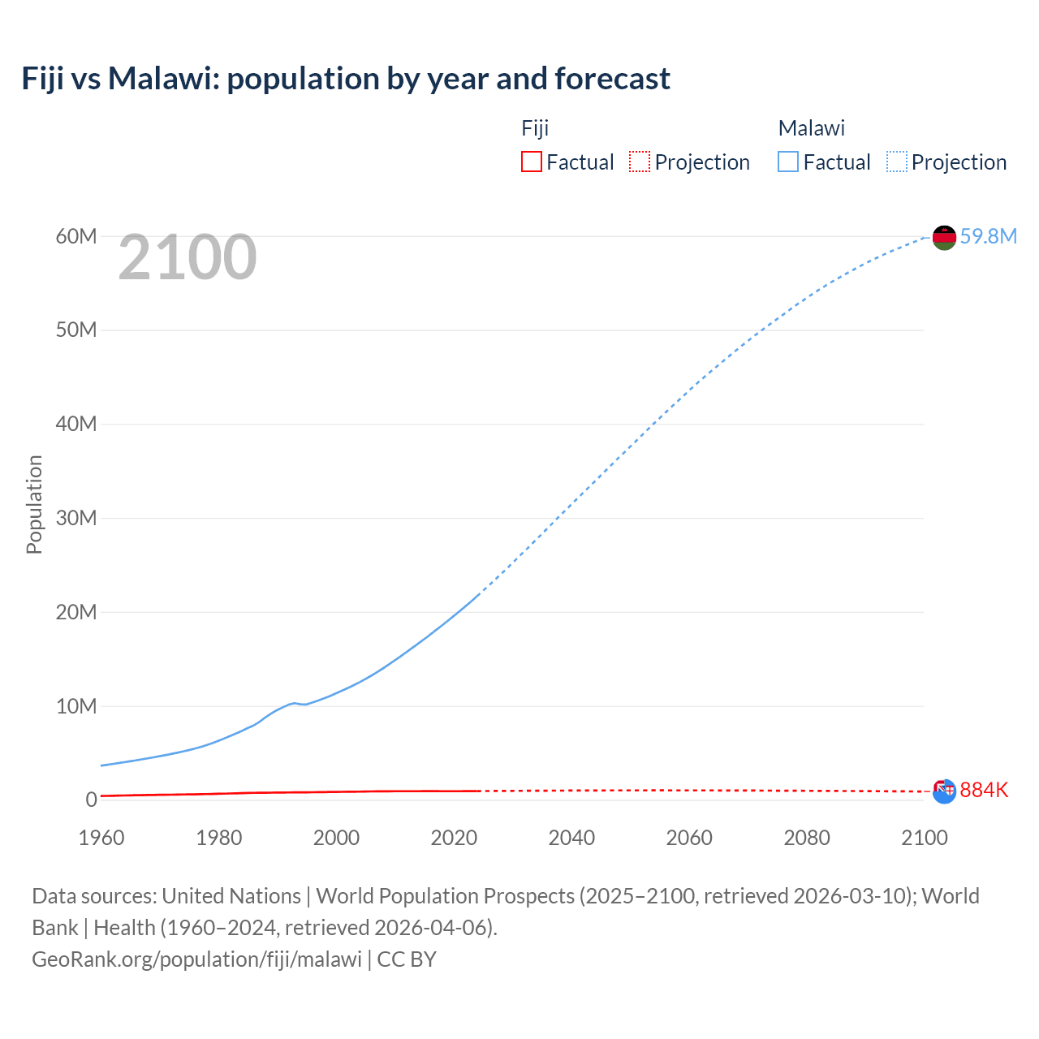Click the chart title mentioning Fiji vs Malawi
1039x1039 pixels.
coord(346,79)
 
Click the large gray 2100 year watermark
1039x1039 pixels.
coord(188,257)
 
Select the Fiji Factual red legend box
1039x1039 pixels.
coord(531,162)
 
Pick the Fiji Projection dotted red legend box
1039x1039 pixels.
coord(640,162)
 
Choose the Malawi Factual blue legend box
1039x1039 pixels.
coord(787,162)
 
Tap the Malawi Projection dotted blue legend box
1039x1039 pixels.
coord(896,162)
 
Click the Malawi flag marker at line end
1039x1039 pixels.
coord(944,237)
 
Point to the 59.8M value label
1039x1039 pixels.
coord(988,236)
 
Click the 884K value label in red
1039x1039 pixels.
coord(984,790)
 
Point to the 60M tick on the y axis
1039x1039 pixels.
coord(76,236)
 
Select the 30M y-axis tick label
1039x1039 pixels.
coord(76,518)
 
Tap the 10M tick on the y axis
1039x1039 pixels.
coord(76,706)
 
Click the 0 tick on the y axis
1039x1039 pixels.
coord(91,800)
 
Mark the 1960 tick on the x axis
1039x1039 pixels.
coord(101,838)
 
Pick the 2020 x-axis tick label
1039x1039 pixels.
coord(454,838)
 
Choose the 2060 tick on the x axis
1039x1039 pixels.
coord(689,838)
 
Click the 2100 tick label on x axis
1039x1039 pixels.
coord(924,838)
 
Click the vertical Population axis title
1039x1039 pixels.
coord(34,504)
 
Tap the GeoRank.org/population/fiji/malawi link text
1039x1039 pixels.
coord(197,959)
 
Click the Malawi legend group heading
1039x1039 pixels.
coord(811,128)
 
